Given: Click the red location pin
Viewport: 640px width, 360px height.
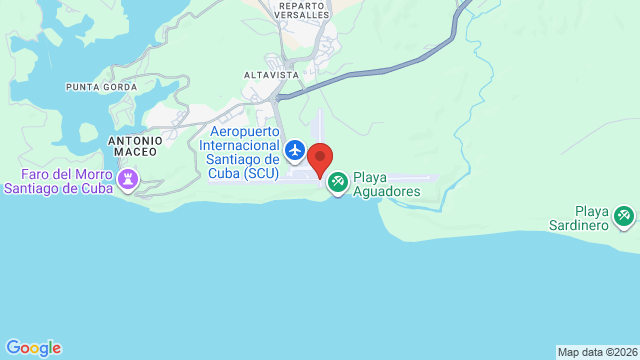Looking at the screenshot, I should [320, 159].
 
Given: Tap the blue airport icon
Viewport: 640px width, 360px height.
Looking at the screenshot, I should [295, 150].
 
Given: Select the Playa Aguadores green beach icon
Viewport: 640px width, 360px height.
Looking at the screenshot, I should [338, 181].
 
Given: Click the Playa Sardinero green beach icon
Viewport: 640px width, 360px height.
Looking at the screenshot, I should [624, 214].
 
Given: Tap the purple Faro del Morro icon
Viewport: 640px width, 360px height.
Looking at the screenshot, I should [128, 179].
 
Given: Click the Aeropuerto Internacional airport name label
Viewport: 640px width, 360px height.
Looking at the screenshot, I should [244, 151].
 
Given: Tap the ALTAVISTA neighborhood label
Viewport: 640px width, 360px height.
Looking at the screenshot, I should [272, 75].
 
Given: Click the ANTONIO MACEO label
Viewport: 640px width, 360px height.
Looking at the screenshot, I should [133, 146].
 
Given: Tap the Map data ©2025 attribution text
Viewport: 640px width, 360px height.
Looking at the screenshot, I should [597, 352].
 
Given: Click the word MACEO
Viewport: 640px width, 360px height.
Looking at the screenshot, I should [133, 152].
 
